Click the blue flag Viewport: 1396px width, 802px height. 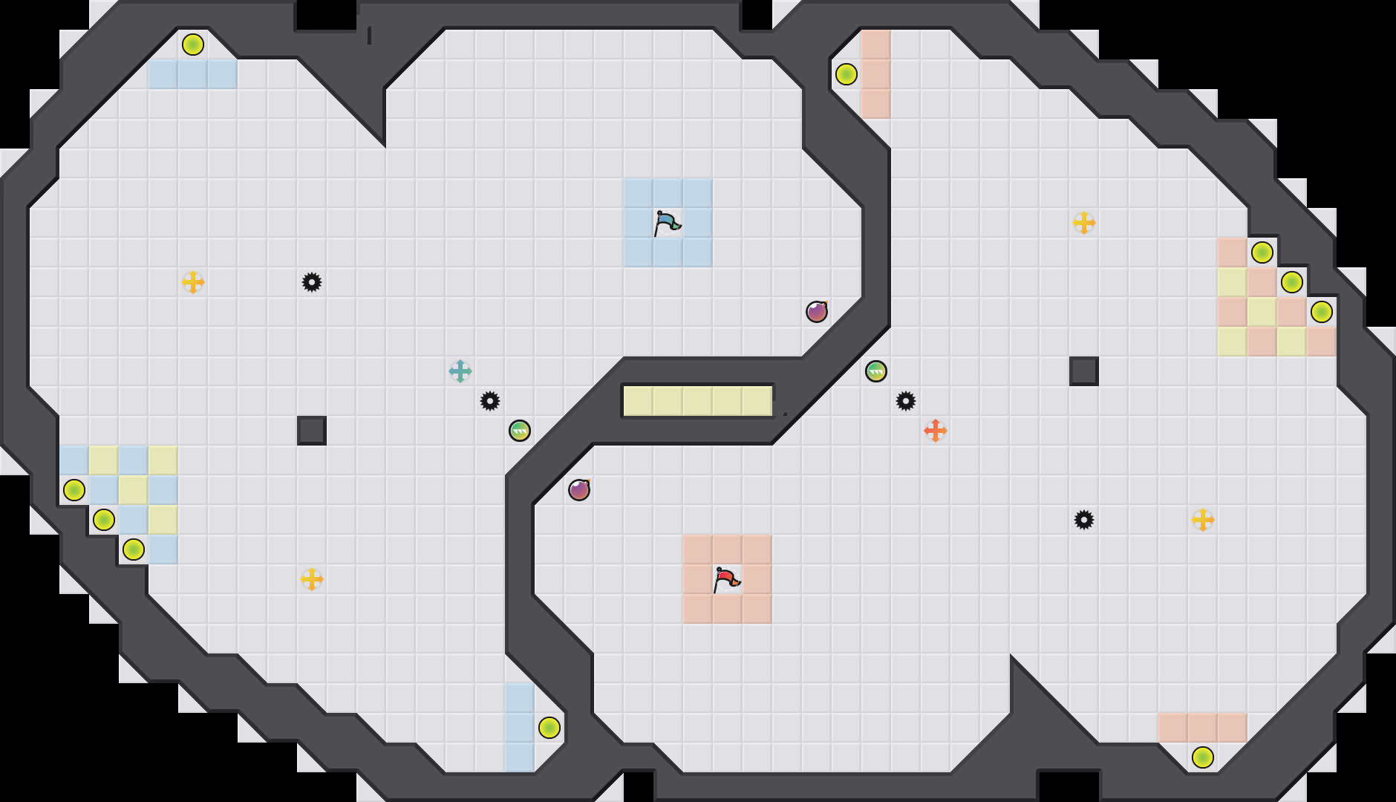pyautogui.click(x=667, y=223)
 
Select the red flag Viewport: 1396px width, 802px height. pyautogui.click(x=726, y=579)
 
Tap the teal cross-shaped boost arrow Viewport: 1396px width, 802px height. pyautogui.click(x=460, y=371)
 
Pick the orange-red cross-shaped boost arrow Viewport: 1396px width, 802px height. pyautogui.click(x=936, y=431)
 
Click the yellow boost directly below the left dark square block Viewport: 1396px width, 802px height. pyautogui.click(x=312, y=579)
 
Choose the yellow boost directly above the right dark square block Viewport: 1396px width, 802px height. pyautogui.click(x=1084, y=223)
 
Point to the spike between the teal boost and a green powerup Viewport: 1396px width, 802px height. pyautogui.click(x=490, y=401)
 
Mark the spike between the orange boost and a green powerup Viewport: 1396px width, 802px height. pyautogui.click(x=906, y=401)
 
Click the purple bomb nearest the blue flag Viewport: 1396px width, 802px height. pyautogui.click(x=817, y=312)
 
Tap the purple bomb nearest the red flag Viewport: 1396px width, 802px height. pyautogui.click(x=579, y=490)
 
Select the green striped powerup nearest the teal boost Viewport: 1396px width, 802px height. pyautogui.click(x=520, y=431)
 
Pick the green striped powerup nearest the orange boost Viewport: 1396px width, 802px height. pyautogui.click(x=876, y=371)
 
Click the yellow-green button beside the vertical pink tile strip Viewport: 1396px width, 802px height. pyautogui.click(x=847, y=74)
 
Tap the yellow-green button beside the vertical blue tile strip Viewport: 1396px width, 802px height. pyautogui.click(x=549, y=728)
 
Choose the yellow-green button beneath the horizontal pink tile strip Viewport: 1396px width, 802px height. pyautogui.click(x=1203, y=757)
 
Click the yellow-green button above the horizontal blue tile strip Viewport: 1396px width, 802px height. pyautogui.click(x=193, y=45)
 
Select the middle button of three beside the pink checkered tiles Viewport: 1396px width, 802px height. pyautogui.click(x=1292, y=282)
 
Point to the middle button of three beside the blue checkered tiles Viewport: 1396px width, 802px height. pyautogui.click(x=104, y=520)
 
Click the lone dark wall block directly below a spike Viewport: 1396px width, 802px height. pyautogui.click(x=312, y=431)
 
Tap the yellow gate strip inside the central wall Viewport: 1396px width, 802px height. pyautogui.click(x=698, y=401)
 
